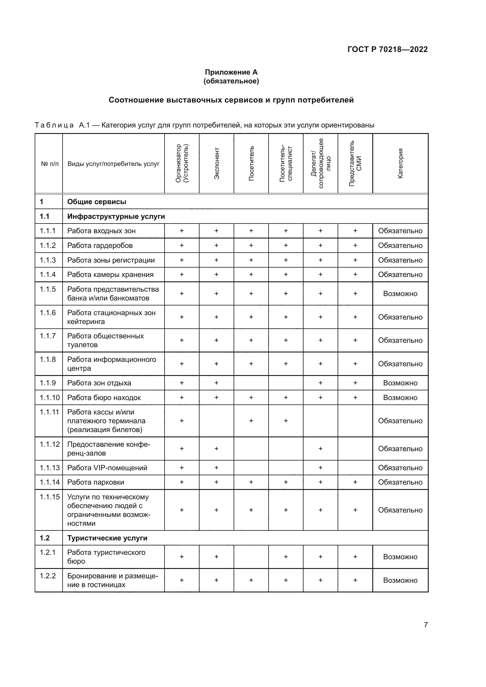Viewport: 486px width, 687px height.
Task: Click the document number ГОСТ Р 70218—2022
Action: [387, 49]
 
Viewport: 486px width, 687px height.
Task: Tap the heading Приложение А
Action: [231, 72]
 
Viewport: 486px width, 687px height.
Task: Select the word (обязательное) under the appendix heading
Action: [231, 81]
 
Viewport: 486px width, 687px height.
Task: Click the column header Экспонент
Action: [217, 163]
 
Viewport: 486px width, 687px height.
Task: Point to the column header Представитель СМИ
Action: [355, 163]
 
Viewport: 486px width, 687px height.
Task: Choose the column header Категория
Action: [400, 163]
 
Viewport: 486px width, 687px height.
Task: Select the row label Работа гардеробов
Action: [100, 246]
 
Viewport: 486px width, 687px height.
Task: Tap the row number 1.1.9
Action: [48, 383]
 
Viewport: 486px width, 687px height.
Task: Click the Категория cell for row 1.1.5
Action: [400, 294]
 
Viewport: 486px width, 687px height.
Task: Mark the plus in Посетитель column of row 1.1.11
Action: [251, 421]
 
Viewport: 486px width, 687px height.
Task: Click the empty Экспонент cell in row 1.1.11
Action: [216, 421]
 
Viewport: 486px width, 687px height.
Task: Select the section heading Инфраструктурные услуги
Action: [116, 216]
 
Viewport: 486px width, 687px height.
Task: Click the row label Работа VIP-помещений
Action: [107, 468]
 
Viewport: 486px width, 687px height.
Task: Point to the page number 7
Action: [425, 625]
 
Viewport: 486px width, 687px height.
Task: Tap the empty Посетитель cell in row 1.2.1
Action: [251, 557]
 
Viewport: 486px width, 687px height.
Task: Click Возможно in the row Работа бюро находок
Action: [400, 398]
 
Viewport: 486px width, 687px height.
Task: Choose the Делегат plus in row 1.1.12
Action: [321, 449]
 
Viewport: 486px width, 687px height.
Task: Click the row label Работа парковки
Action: [95, 482]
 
